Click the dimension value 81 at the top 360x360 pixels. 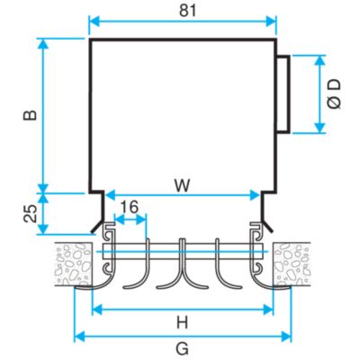(x=188, y=11)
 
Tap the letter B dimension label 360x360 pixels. (x=31, y=115)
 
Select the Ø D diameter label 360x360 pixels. (x=334, y=94)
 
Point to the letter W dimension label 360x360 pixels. (x=183, y=186)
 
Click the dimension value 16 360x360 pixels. (x=130, y=207)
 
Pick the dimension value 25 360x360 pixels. (x=31, y=213)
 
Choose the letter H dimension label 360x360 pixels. (x=182, y=323)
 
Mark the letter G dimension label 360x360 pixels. (x=183, y=349)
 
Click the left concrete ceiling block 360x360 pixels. (x=73, y=264)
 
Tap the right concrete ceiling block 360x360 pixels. (x=291, y=264)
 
